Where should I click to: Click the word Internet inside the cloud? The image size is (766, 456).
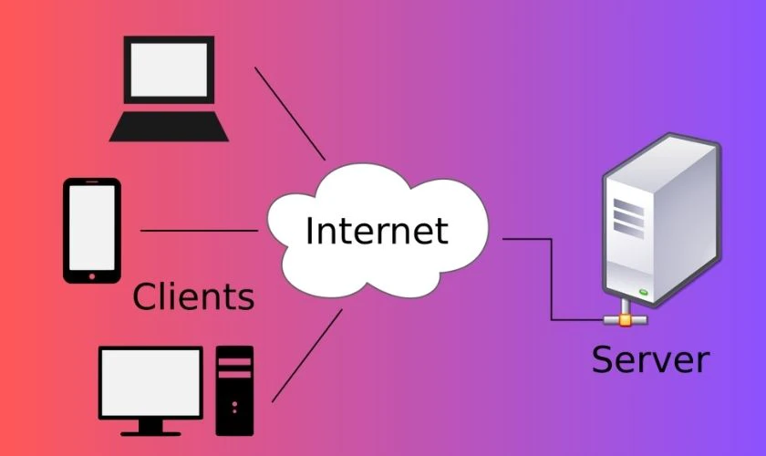377,230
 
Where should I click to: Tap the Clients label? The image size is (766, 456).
193,296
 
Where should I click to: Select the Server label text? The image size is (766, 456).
650,359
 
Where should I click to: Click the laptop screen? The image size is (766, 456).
169,69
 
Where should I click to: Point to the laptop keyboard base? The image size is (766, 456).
169,127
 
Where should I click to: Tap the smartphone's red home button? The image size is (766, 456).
92,276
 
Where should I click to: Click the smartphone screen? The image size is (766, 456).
92,228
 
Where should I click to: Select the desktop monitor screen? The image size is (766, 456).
150,383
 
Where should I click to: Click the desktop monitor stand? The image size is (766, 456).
150,428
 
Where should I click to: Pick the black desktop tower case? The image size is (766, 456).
234,390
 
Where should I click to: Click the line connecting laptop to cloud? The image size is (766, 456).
290,113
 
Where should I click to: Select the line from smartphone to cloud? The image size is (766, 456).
200,230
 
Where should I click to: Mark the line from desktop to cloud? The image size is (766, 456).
307,356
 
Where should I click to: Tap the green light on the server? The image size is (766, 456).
644,292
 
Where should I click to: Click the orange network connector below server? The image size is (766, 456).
626,320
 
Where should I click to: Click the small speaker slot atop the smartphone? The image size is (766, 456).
92,181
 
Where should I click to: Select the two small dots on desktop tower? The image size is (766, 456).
235,407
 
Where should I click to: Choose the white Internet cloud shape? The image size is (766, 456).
378,231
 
